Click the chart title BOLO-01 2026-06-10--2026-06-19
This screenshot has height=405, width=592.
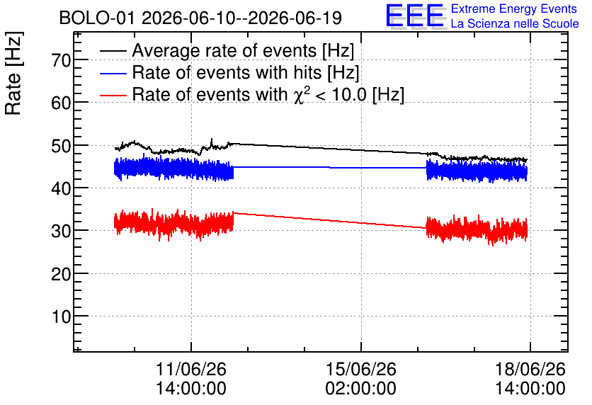(x=200, y=18)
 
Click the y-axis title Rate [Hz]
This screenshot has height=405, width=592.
(x=13, y=73)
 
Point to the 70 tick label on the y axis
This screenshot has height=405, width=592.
(x=61, y=60)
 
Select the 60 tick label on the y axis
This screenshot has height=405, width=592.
(x=61, y=103)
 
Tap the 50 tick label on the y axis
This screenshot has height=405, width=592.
(x=61, y=146)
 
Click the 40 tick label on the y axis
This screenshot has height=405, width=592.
(x=61, y=188)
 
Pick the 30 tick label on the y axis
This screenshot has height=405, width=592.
(x=61, y=231)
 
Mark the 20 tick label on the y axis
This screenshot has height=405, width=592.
(x=61, y=274)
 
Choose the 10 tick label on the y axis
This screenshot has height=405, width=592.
(x=61, y=316)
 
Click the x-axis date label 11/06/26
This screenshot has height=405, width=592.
(x=191, y=369)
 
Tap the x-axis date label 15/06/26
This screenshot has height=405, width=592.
(x=361, y=369)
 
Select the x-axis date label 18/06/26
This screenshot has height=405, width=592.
(x=530, y=369)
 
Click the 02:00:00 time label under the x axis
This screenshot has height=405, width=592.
(x=361, y=389)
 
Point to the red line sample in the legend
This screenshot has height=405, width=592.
(x=113, y=95)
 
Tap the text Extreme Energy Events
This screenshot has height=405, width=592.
(x=514, y=8)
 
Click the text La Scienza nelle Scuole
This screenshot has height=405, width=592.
(x=515, y=23)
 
